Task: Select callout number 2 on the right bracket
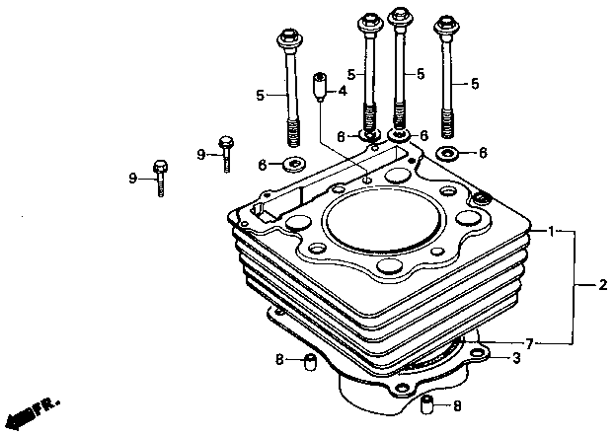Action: click(x=602, y=286)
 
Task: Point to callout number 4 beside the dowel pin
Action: click(x=342, y=91)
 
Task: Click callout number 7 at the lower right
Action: click(x=530, y=343)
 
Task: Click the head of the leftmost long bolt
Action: click(x=288, y=43)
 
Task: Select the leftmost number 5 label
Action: click(x=261, y=95)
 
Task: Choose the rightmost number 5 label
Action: click(x=475, y=84)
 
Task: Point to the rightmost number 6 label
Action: click(x=482, y=153)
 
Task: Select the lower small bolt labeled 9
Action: click(x=159, y=178)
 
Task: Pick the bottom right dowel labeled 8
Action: click(x=429, y=404)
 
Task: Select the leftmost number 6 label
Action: click(x=263, y=164)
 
